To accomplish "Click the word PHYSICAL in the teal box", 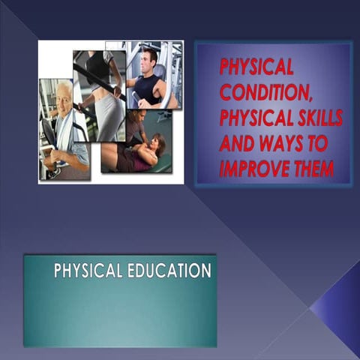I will click(83, 271).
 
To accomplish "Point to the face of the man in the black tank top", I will click(148, 60).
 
